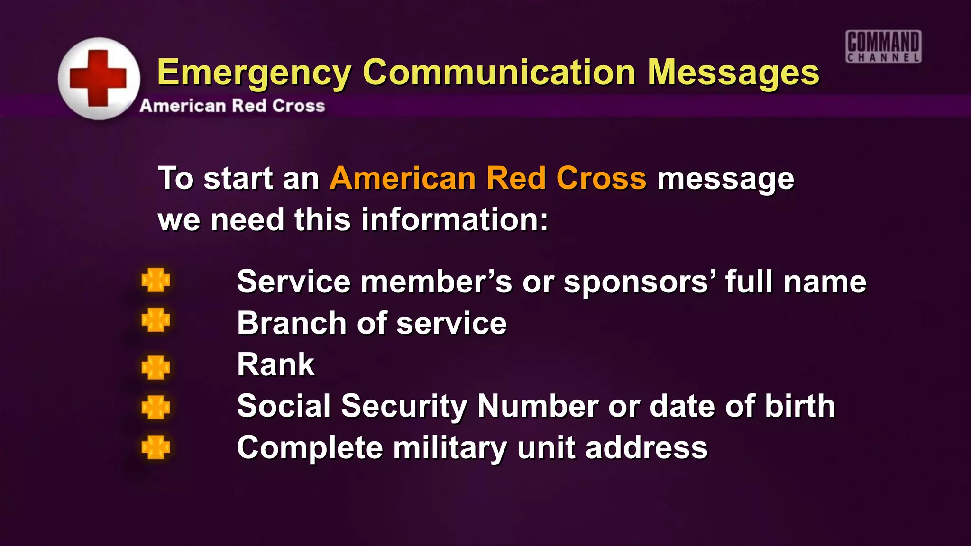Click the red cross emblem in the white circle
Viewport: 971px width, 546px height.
(x=98, y=78)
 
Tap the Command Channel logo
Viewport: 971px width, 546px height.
(x=883, y=46)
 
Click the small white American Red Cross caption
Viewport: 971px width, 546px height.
(x=232, y=106)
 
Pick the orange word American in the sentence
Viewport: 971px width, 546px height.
(x=403, y=178)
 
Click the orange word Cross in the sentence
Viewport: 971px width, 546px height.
(x=601, y=178)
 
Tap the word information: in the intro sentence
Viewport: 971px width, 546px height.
(x=455, y=220)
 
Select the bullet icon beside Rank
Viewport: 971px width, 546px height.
(x=156, y=367)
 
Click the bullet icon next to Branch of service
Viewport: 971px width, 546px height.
(x=156, y=320)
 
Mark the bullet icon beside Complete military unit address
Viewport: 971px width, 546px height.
(x=156, y=447)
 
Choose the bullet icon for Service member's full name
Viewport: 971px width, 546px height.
(x=156, y=280)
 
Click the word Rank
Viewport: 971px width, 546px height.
(x=275, y=364)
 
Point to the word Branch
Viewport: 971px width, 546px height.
(x=292, y=323)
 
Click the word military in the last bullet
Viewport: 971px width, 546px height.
(x=450, y=448)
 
